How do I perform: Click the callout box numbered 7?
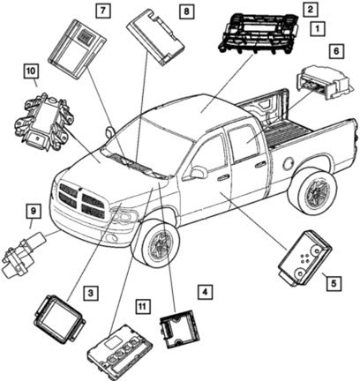(x=102, y=11)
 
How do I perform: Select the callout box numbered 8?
(x=186, y=11)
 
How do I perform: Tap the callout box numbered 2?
(x=311, y=9)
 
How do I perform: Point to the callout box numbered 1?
(x=318, y=29)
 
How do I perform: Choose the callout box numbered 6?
(x=336, y=50)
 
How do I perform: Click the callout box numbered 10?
(x=31, y=71)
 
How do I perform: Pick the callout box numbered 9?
(x=34, y=211)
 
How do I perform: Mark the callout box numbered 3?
(x=90, y=293)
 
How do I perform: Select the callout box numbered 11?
(x=142, y=307)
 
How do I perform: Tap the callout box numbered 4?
(x=205, y=292)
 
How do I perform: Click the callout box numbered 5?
(x=334, y=283)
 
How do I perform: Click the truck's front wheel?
(x=159, y=244)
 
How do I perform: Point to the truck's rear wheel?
(x=315, y=191)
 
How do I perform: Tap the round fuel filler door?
(x=288, y=163)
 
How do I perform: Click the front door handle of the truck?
(x=222, y=176)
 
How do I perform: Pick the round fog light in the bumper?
(x=111, y=237)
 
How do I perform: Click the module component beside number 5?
(x=304, y=258)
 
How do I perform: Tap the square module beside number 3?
(x=59, y=319)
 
